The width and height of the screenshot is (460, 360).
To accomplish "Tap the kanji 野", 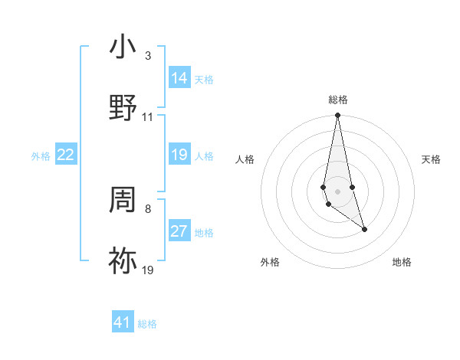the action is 123,107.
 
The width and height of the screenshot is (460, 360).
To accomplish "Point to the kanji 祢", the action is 123,260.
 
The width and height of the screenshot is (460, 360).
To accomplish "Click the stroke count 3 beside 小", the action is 148,56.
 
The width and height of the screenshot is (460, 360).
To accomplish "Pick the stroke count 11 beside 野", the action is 148,117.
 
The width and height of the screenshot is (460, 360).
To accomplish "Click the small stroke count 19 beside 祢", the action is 148,270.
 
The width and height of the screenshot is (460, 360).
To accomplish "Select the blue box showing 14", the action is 179,78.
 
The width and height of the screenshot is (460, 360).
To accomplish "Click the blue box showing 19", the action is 179,155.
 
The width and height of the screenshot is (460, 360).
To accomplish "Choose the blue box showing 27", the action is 179,231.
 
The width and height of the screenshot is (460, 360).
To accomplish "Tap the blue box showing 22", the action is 66,155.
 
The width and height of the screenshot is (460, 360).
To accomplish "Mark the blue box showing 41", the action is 123,322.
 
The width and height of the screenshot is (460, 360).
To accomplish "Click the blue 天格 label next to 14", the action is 204,80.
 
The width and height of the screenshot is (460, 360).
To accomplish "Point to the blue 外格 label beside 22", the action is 41,156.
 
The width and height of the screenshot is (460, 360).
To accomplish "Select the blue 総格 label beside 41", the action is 147,324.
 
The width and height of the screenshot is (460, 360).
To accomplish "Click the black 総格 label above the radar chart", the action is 338,100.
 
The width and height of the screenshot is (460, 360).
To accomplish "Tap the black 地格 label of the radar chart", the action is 402,262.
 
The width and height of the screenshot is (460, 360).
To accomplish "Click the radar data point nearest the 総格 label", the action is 337,116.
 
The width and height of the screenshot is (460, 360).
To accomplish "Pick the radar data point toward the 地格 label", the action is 364,229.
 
